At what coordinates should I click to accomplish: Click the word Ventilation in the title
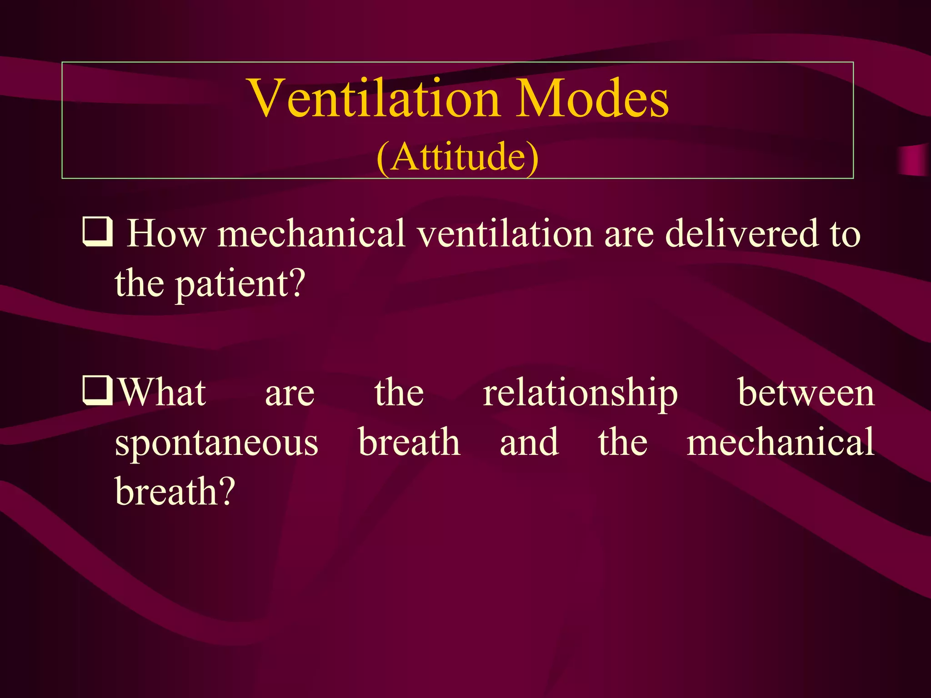tap(375, 98)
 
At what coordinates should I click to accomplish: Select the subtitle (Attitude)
tap(457, 156)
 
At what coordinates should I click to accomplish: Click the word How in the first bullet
tap(166, 234)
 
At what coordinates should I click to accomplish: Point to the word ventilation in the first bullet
tap(505, 234)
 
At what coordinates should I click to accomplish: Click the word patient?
tap(240, 284)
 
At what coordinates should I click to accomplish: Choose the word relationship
tap(580, 393)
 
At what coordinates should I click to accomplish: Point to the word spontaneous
tap(216, 443)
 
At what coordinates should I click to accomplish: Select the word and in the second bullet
tap(529, 442)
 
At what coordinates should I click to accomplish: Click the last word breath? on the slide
tap(175, 492)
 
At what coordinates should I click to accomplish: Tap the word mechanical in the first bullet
tap(311, 234)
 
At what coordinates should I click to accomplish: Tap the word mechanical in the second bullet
tap(780, 442)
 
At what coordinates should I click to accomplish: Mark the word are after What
tap(290, 394)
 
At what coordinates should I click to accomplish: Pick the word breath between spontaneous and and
tap(409, 442)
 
